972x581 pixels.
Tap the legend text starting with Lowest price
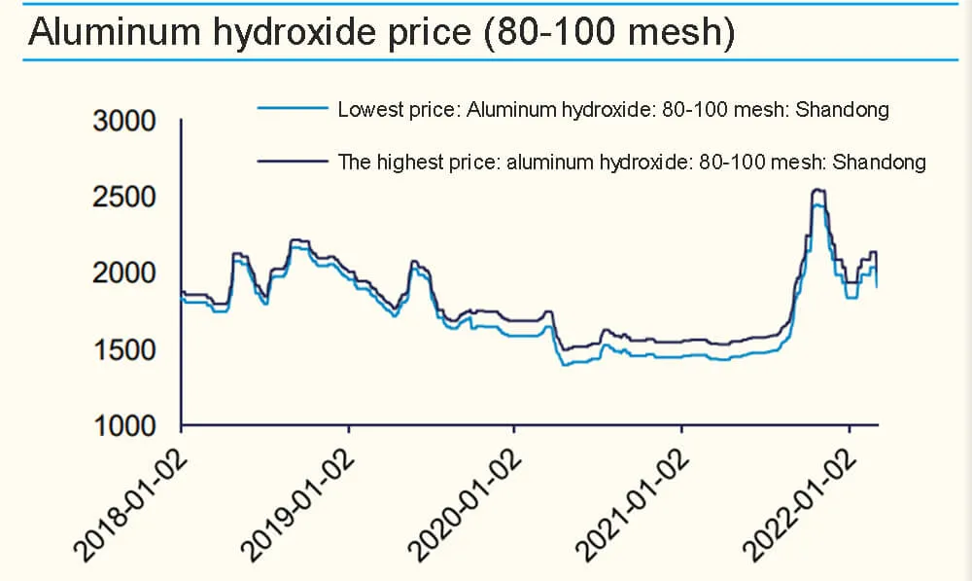click(612, 110)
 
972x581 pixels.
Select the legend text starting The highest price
click(631, 162)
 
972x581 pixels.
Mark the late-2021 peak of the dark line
click(817, 190)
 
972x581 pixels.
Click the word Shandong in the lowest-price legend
click(843, 110)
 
